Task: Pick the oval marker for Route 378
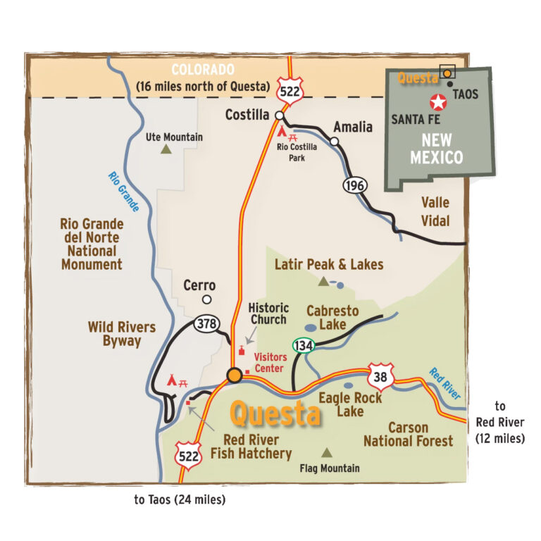(x=205, y=325)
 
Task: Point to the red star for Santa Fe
(x=438, y=103)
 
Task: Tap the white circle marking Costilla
(x=280, y=116)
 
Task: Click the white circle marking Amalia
(x=335, y=142)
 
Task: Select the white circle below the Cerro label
(x=206, y=299)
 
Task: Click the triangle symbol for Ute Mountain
(x=166, y=149)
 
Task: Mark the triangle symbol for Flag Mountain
(x=326, y=453)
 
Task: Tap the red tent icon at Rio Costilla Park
(x=281, y=132)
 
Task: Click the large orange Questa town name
(x=275, y=414)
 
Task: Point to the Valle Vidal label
(x=435, y=211)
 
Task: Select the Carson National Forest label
(x=408, y=434)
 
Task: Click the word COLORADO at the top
(x=203, y=70)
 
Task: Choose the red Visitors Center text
(x=269, y=363)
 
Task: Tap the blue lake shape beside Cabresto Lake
(x=311, y=328)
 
